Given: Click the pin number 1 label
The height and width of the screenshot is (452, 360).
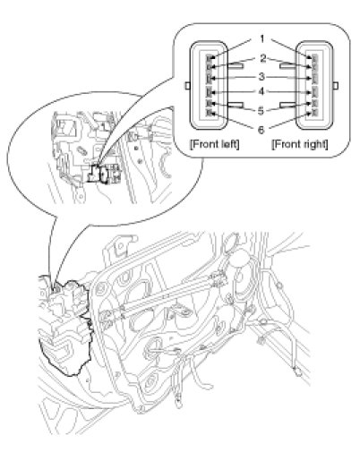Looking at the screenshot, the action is pos(262,39).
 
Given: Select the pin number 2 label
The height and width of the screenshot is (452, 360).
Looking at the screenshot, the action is pos(262,58).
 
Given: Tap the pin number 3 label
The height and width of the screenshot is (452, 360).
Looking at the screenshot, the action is pos(261,77).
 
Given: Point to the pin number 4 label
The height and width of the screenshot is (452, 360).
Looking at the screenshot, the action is pos(261,92).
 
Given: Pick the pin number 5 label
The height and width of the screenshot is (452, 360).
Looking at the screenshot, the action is pos(261,111).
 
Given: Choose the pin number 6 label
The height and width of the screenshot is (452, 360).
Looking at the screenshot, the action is pos(261,130).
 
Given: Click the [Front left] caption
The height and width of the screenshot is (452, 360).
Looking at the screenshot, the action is pos(215,144).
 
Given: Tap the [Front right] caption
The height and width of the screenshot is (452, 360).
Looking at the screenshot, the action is pos(300,144).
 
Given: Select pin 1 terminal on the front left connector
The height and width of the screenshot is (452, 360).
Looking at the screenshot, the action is pos(209,57).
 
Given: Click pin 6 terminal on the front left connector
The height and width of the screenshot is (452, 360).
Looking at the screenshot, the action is pos(209,113).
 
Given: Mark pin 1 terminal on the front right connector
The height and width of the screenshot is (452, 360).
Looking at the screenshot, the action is pos(314,57).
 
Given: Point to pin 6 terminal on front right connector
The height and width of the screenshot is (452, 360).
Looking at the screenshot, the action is pos(314,113).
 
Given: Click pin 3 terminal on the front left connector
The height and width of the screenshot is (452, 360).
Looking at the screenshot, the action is pos(209,79).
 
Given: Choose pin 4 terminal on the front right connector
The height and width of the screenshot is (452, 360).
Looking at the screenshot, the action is pos(314,91).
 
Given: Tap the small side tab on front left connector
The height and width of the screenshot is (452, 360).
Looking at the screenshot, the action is pos(187,86).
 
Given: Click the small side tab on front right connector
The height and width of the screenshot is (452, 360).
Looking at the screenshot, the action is pos(336,86).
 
